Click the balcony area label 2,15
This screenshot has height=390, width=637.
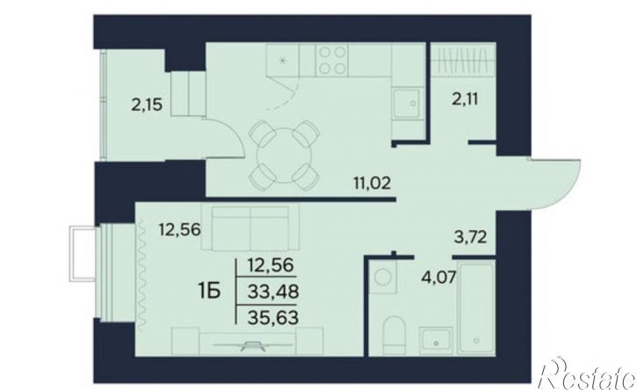[x=147, y=105]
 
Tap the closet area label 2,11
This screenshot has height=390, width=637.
[x=465, y=98]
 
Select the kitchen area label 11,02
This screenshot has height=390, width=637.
[x=373, y=184]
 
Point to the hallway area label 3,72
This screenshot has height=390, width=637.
[x=470, y=236]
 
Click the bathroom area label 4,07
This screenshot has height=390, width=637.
[x=438, y=278]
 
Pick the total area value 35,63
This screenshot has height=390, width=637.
[x=273, y=317]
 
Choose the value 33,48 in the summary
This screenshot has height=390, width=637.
[x=273, y=291]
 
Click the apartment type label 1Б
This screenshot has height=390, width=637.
[x=209, y=291]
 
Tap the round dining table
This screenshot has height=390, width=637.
[x=284, y=155]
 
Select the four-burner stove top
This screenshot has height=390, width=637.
[x=332, y=60]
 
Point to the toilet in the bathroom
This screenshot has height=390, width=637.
[x=394, y=334]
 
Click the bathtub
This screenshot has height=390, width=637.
[x=475, y=308]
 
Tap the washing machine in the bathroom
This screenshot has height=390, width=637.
[x=382, y=277]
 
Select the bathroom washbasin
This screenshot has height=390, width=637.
[x=436, y=339]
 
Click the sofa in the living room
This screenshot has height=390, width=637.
[x=250, y=227]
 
